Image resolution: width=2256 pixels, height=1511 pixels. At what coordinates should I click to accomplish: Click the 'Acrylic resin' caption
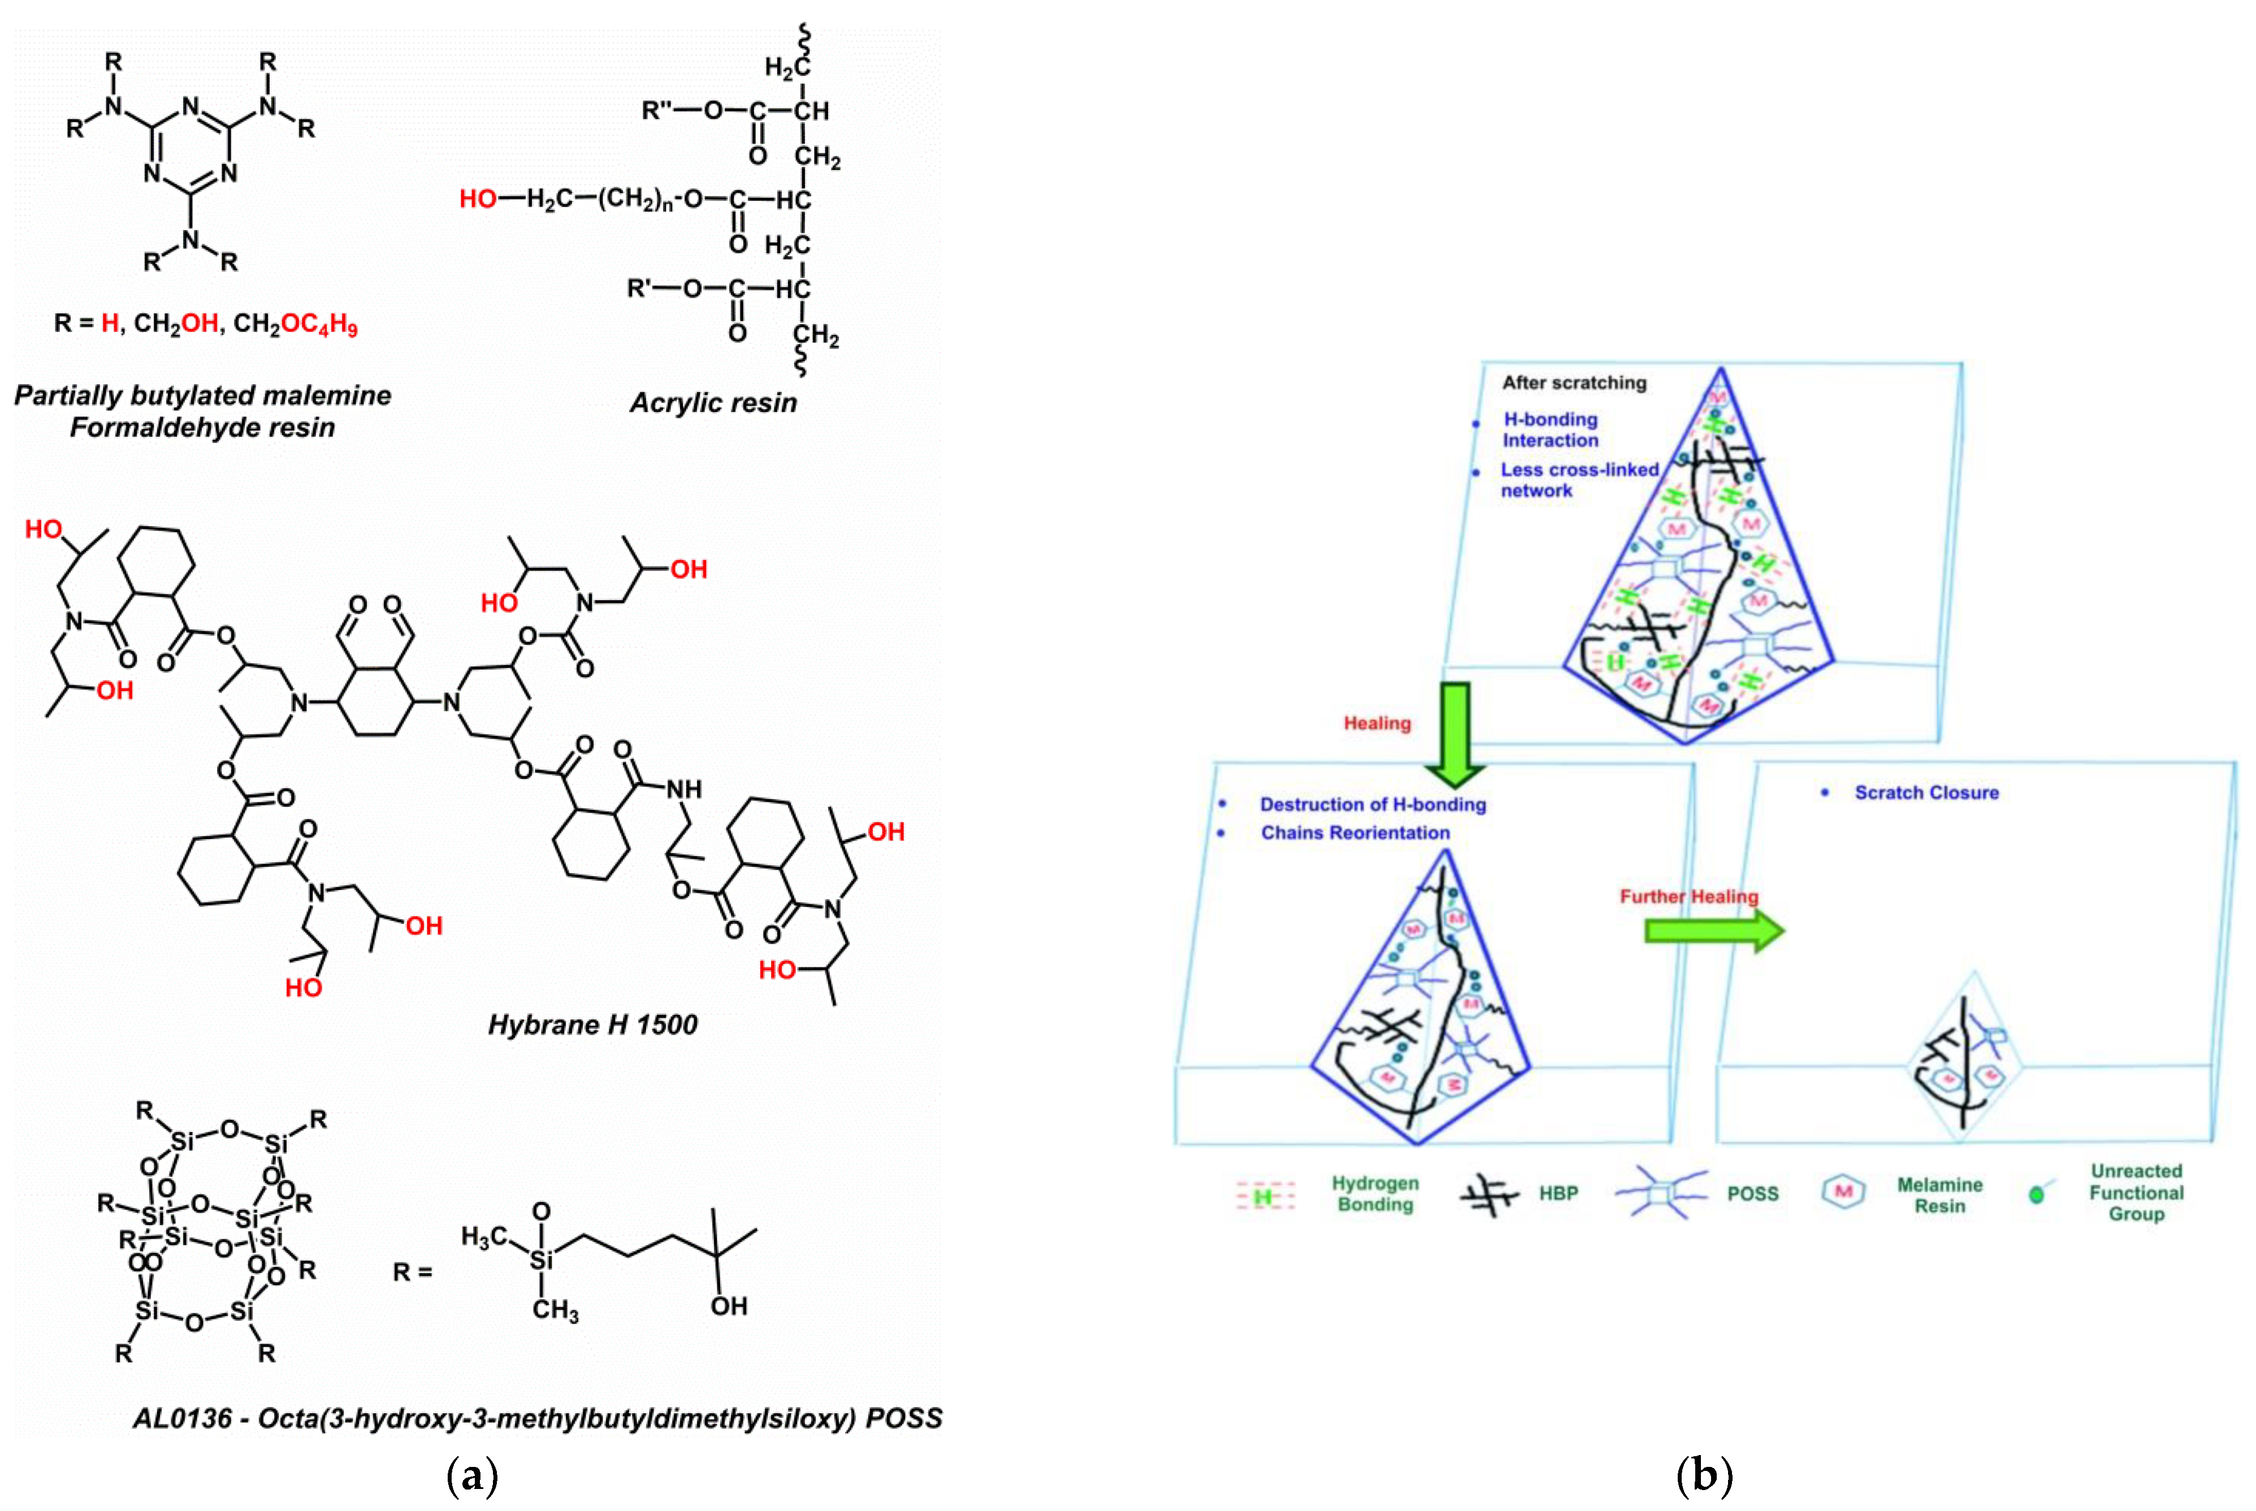coord(713,403)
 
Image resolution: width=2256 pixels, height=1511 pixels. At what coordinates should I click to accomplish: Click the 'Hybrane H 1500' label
coord(592,1024)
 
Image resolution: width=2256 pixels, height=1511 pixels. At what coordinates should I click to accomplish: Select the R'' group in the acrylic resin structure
coord(657,111)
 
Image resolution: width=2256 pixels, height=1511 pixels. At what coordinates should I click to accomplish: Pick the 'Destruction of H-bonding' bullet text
coord(1372,805)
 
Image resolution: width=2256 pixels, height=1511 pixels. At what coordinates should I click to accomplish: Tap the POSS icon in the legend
coord(1660,1193)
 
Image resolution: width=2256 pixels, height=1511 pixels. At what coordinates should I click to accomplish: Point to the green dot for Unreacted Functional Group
coord(2036,1195)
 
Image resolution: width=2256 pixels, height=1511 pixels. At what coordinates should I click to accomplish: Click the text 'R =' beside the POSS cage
coord(413,1273)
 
